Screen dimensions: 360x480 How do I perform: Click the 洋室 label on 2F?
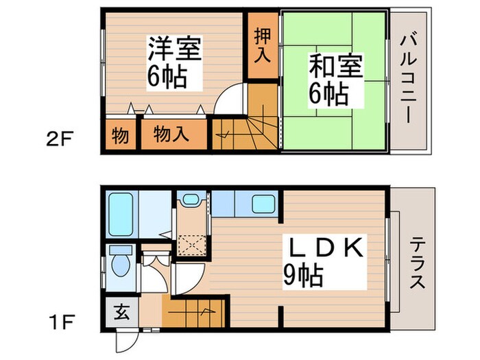174,51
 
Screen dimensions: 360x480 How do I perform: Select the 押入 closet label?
261,45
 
